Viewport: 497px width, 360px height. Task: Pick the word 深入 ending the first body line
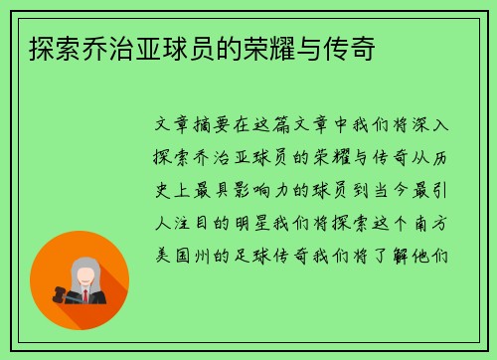click(x=434, y=127)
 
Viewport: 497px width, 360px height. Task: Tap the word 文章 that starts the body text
click(x=167, y=127)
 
